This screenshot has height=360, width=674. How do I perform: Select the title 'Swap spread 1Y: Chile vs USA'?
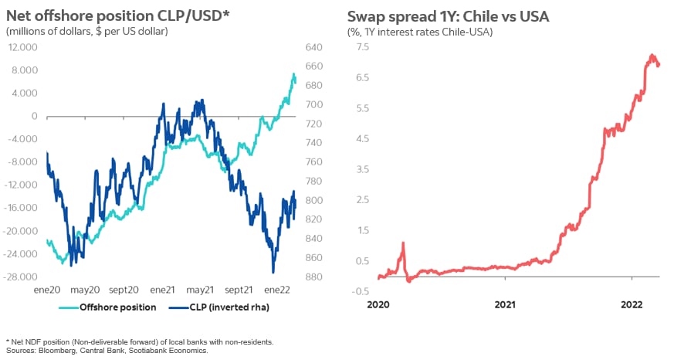point(448,15)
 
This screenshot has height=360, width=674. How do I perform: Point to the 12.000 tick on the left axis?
point(23,47)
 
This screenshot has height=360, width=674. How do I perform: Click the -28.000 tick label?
point(22,277)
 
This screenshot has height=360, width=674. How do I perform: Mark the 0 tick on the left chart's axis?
point(34,116)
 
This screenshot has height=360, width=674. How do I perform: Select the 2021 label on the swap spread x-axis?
point(505,305)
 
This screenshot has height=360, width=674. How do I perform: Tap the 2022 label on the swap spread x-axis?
point(632,305)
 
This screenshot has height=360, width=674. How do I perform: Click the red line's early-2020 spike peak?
point(403,243)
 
